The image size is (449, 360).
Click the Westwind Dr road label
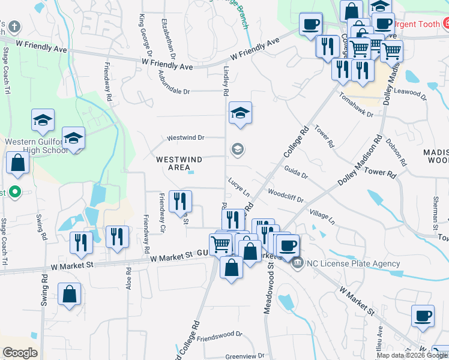(x=185, y=137)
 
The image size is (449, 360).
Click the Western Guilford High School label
(x=36, y=146)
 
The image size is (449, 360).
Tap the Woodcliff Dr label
(x=286, y=196)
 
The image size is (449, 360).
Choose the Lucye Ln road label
(x=238, y=187)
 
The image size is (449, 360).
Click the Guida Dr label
(x=296, y=172)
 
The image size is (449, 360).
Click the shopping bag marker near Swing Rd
(x=70, y=294)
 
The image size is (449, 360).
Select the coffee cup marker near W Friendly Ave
(x=311, y=25)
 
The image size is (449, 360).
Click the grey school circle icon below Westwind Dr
(x=238, y=149)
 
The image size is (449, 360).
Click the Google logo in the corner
(x=20, y=353)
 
